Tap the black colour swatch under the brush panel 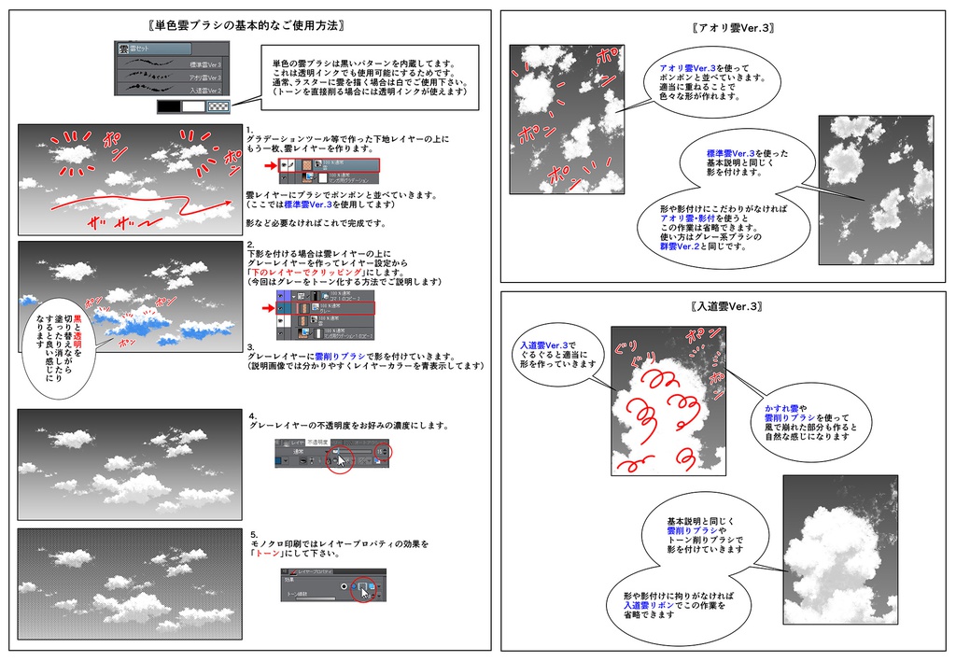pos(169,107)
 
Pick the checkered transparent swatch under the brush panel pos(218,107)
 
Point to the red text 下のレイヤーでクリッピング pos(307,272)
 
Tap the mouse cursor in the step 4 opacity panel pos(341,458)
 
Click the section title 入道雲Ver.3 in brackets pos(727,306)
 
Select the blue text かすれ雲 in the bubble pos(780,408)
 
